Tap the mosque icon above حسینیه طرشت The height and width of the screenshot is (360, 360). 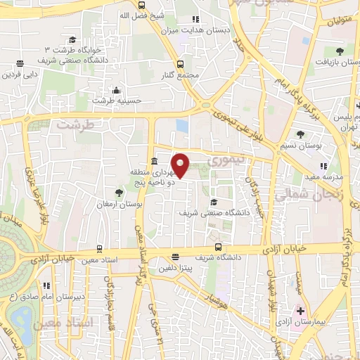click(x=117, y=91)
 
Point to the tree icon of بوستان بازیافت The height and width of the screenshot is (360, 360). click(x=340, y=51)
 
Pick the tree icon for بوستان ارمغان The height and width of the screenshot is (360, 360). click(x=118, y=192)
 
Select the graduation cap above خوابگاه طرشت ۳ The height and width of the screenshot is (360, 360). click(x=72, y=40)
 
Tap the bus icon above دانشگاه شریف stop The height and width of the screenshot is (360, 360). click(x=219, y=247)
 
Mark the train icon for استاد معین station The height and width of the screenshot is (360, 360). click(x=99, y=249)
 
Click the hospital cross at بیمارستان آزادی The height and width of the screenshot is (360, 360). click(x=300, y=310)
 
